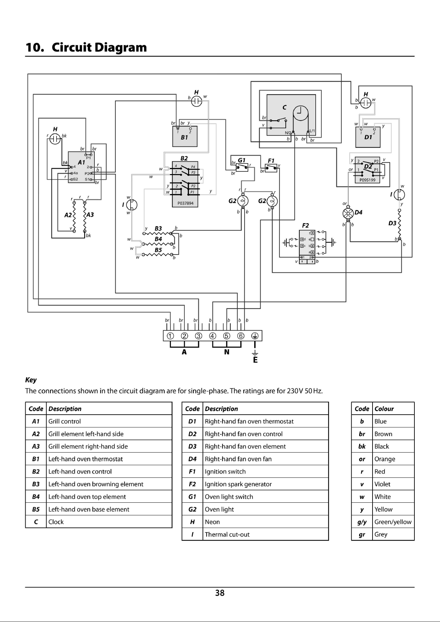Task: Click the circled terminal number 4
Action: (x=213, y=336)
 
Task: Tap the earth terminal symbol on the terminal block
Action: (x=255, y=336)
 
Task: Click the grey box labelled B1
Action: (x=185, y=136)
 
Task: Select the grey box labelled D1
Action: (x=368, y=137)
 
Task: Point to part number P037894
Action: (x=185, y=203)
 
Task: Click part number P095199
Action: (x=367, y=180)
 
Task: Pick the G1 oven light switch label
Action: (x=242, y=160)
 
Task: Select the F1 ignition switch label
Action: (x=271, y=160)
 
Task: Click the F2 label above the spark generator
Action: (x=305, y=226)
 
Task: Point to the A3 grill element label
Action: (x=90, y=215)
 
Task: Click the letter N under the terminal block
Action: (x=227, y=352)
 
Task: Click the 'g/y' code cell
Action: (x=362, y=522)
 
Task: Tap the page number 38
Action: (x=220, y=593)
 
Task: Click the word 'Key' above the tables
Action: (x=31, y=380)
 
